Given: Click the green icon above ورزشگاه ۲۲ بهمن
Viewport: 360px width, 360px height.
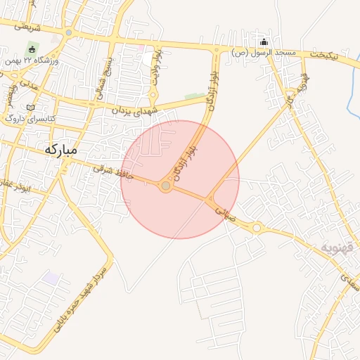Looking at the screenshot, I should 31,49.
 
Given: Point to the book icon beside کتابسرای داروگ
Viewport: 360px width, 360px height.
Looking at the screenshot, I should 30,107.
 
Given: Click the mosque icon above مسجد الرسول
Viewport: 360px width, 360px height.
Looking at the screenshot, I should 264,41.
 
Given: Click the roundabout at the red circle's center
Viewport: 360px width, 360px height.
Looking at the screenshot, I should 166,186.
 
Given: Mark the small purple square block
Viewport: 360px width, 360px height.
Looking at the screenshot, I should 50,278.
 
